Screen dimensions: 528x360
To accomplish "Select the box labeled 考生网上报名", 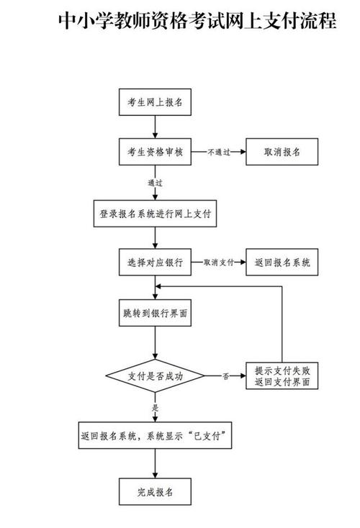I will [x=155, y=103].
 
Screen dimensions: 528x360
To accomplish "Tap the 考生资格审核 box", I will [x=155, y=152].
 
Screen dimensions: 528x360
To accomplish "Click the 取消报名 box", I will [x=282, y=152].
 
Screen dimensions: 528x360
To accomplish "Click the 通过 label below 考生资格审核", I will [x=155, y=183].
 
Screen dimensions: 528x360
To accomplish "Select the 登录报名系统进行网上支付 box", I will [x=155, y=214].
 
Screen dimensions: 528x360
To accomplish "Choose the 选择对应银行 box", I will [x=155, y=263].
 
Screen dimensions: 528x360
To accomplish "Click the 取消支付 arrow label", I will [x=219, y=263].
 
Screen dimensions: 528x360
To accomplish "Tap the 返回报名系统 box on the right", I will [x=282, y=263].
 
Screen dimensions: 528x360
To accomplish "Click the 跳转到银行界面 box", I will [x=155, y=314].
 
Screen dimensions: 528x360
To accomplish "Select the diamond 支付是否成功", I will [x=155, y=375].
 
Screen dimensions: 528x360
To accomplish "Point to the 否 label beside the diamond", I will [x=225, y=376].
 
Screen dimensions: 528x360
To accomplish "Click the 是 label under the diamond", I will [x=155, y=408].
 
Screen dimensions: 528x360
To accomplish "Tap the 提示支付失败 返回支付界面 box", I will [x=282, y=376].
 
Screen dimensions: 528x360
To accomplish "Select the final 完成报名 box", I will [x=155, y=491].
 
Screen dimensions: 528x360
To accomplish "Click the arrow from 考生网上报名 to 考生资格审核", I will [x=155, y=127].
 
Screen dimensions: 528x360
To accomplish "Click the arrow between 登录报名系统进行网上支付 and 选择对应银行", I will [x=155, y=239].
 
